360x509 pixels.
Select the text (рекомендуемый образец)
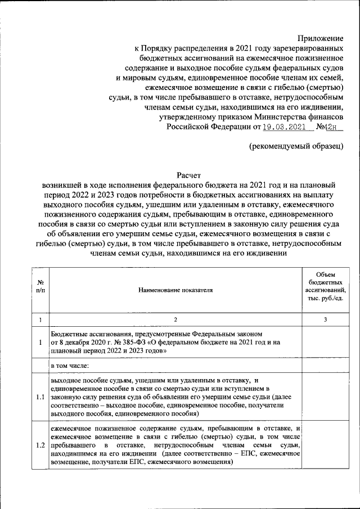[x=296, y=146]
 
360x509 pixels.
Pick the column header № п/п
[x=40, y=290]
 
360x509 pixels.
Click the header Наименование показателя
[x=175, y=290]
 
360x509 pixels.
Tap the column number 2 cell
[x=175, y=319]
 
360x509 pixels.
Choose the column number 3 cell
[x=325, y=319]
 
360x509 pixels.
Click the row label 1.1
[x=40, y=397]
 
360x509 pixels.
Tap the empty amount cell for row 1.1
[x=325, y=397]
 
